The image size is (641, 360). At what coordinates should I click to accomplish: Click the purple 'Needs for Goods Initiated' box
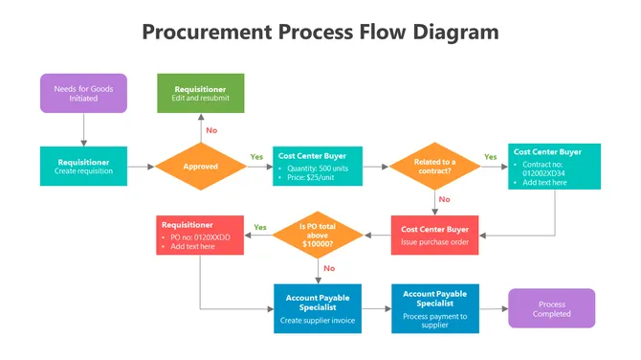pyautogui.click(x=83, y=93)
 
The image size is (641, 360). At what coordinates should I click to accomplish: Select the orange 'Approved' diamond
pyautogui.click(x=201, y=166)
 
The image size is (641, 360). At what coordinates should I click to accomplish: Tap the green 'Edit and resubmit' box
pyautogui.click(x=201, y=93)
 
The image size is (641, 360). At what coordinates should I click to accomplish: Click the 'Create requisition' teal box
pyautogui.click(x=83, y=166)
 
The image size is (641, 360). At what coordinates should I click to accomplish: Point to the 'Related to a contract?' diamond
pyautogui.click(x=434, y=166)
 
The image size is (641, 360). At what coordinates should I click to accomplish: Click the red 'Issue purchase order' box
pyautogui.click(x=434, y=235)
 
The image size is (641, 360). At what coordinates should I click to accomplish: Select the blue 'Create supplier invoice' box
pyautogui.click(x=318, y=308)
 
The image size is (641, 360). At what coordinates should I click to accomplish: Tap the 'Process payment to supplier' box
pyautogui.click(x=434, y=308)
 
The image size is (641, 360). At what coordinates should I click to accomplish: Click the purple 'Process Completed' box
pyautogui.click(x=551, y=308)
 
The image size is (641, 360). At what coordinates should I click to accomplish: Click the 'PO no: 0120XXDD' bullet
pyautogui.click(x=198, y=236)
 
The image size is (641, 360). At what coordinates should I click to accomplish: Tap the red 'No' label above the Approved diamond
pyautogui.click(x=211, y=129)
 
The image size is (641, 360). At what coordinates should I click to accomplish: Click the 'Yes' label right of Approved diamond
pyautogui.click(x=256, y=156)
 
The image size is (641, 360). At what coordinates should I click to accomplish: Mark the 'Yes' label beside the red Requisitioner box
pyautogui.click(x=259, y=227)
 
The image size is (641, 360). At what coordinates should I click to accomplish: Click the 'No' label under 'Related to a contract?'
pyautogui.click(x=444, y=199)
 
